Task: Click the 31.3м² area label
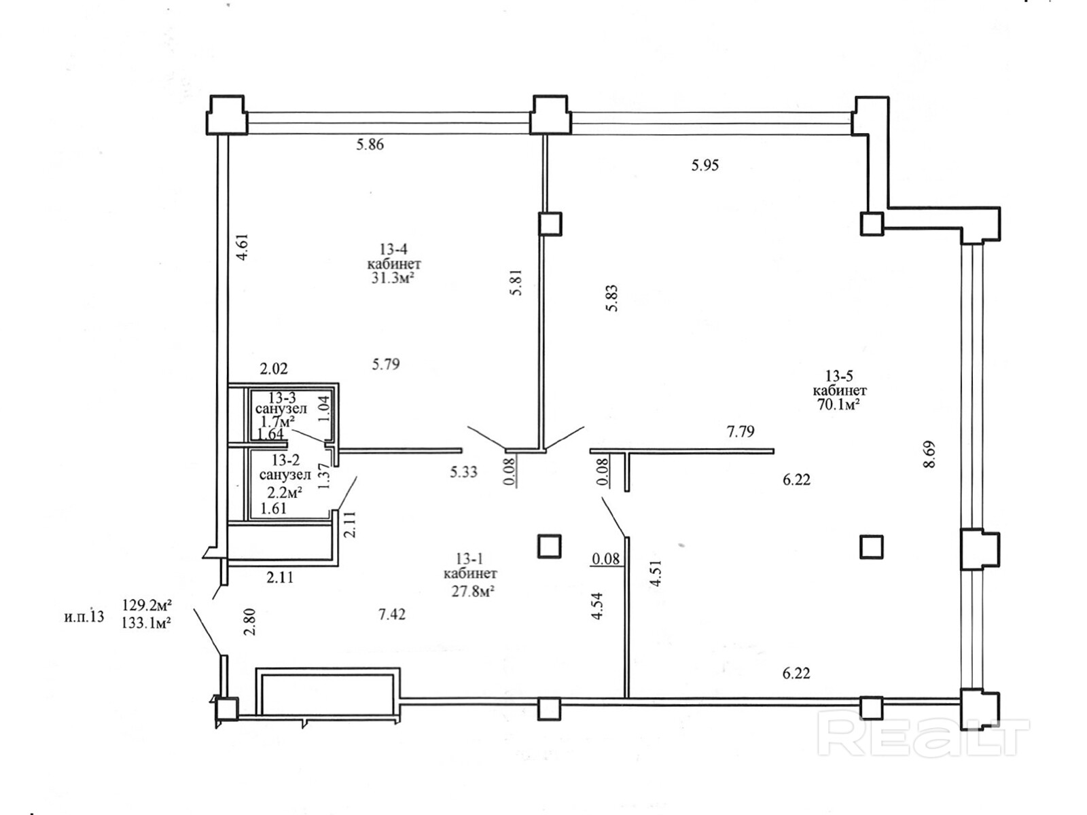(x=393, y=278)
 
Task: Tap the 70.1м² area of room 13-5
(x=839, y=405)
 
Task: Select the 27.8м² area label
(x=468, y=592)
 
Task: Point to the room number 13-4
(x=393, y=249)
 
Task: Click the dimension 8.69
(x=930, y=454)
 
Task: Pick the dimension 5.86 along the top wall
(x=370, y=144)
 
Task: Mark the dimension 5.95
(x=705, y=165)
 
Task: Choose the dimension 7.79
(x=741, y=431)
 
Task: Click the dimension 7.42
(x=392, y=615)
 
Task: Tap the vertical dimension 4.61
(x=243, y=248)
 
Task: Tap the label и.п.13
(x=84, y=617)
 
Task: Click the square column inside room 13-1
(x=549, y=546)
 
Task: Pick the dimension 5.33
(x=463, y=472)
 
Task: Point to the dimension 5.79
(x=386, y=365)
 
